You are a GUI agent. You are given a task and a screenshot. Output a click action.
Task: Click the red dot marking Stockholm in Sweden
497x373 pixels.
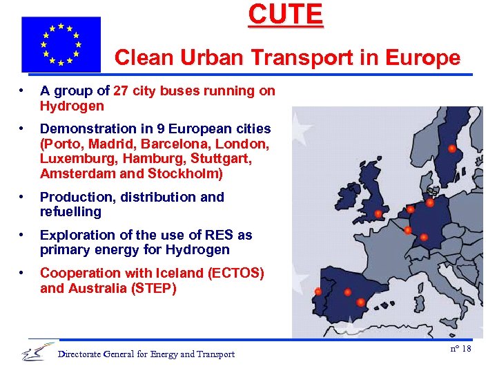pyautogui.click(x=451, y=149)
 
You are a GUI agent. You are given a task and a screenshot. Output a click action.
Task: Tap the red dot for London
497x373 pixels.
pyautogui.click(x=378, y=213)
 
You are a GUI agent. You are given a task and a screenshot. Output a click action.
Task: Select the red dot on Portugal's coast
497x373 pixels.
pyautogui.click(x=318, y=291)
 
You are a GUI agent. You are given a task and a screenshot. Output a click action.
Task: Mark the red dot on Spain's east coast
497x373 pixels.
pyautogui.click(x=361, y=302)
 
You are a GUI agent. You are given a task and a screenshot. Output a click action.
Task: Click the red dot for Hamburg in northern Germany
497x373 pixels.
pyautogui.click(x=430, y=203)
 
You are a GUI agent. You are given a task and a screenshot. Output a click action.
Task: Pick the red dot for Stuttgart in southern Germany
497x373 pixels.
pyautogui.click(x=424, y=237)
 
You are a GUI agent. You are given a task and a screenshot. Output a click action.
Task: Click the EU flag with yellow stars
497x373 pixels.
pyautogui.click(x=61, y=44)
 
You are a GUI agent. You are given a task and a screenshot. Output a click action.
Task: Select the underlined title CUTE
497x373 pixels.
pyautogui.click(x=285, y=15)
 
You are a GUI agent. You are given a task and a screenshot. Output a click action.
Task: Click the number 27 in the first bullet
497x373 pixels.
pyautogui.click(x=121, y=90)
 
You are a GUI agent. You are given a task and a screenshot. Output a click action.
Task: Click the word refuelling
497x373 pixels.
pyautogui.click(x=70, y=211)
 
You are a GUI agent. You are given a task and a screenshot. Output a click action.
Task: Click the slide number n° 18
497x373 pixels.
pyautogui.click(x=460, y=348)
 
